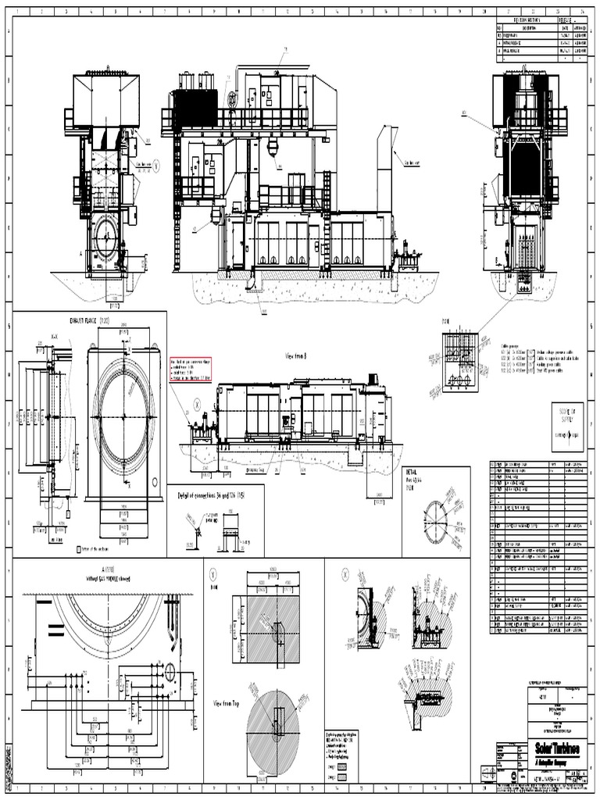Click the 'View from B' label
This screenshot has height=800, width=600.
click(x=298, y=354)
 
